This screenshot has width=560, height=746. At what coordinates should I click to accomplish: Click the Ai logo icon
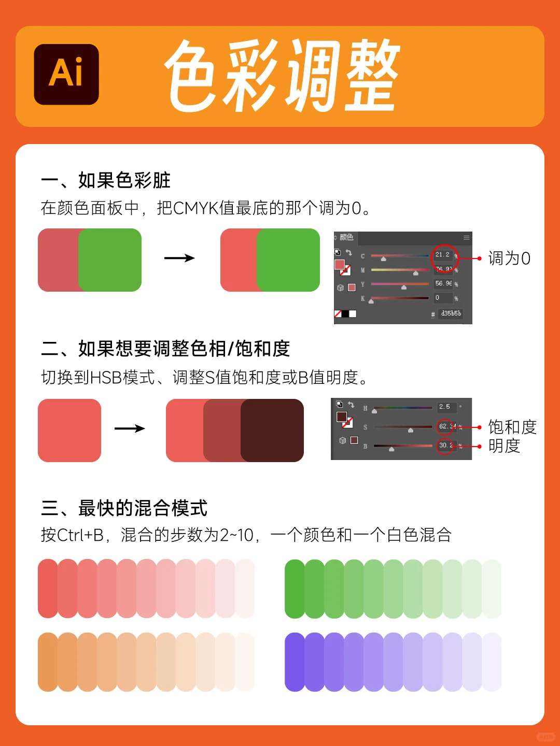(x=66, y=74)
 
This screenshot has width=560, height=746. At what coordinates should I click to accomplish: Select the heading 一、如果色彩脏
(x=106, y=180)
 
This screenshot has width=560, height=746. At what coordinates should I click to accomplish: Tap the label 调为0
(x=509, y=258)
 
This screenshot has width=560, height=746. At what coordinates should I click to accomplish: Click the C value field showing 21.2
(x=443, y=255)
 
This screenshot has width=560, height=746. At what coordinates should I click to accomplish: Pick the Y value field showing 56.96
(x=443, y=284)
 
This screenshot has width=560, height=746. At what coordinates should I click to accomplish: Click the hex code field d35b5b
(x=451, y=314)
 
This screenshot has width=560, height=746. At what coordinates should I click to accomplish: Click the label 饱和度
(x=512, y=427)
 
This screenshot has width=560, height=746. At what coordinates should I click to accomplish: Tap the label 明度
(x=504, y=446)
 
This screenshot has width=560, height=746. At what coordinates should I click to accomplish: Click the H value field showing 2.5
(x=445, y=407)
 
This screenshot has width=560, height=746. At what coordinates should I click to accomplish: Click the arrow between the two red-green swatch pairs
(x=179, y=258)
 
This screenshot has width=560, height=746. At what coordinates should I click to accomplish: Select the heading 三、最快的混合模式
(x=124, y=508)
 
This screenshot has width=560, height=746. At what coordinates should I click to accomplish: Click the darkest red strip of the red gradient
(x=47, y=589)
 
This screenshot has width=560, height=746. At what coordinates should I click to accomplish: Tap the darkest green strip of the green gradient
(x=294, y=589)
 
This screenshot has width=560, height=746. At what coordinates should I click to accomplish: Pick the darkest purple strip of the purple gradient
(x=294, y=662)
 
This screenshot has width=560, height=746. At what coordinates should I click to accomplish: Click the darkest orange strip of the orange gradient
(x=47, y=662)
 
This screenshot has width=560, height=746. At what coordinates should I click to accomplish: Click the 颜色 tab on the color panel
(x=346, y=238)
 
